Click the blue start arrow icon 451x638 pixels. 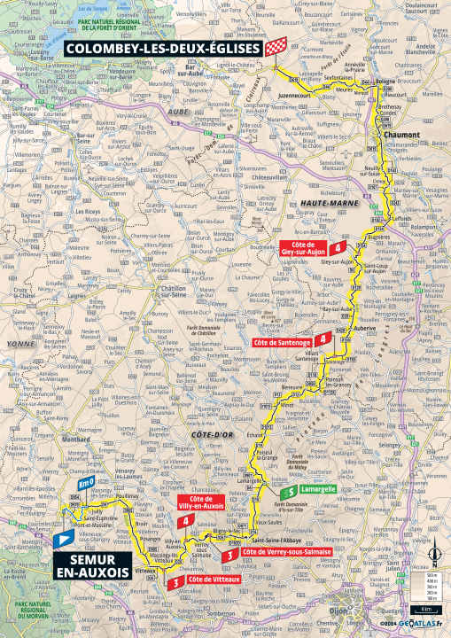[64, 538]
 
